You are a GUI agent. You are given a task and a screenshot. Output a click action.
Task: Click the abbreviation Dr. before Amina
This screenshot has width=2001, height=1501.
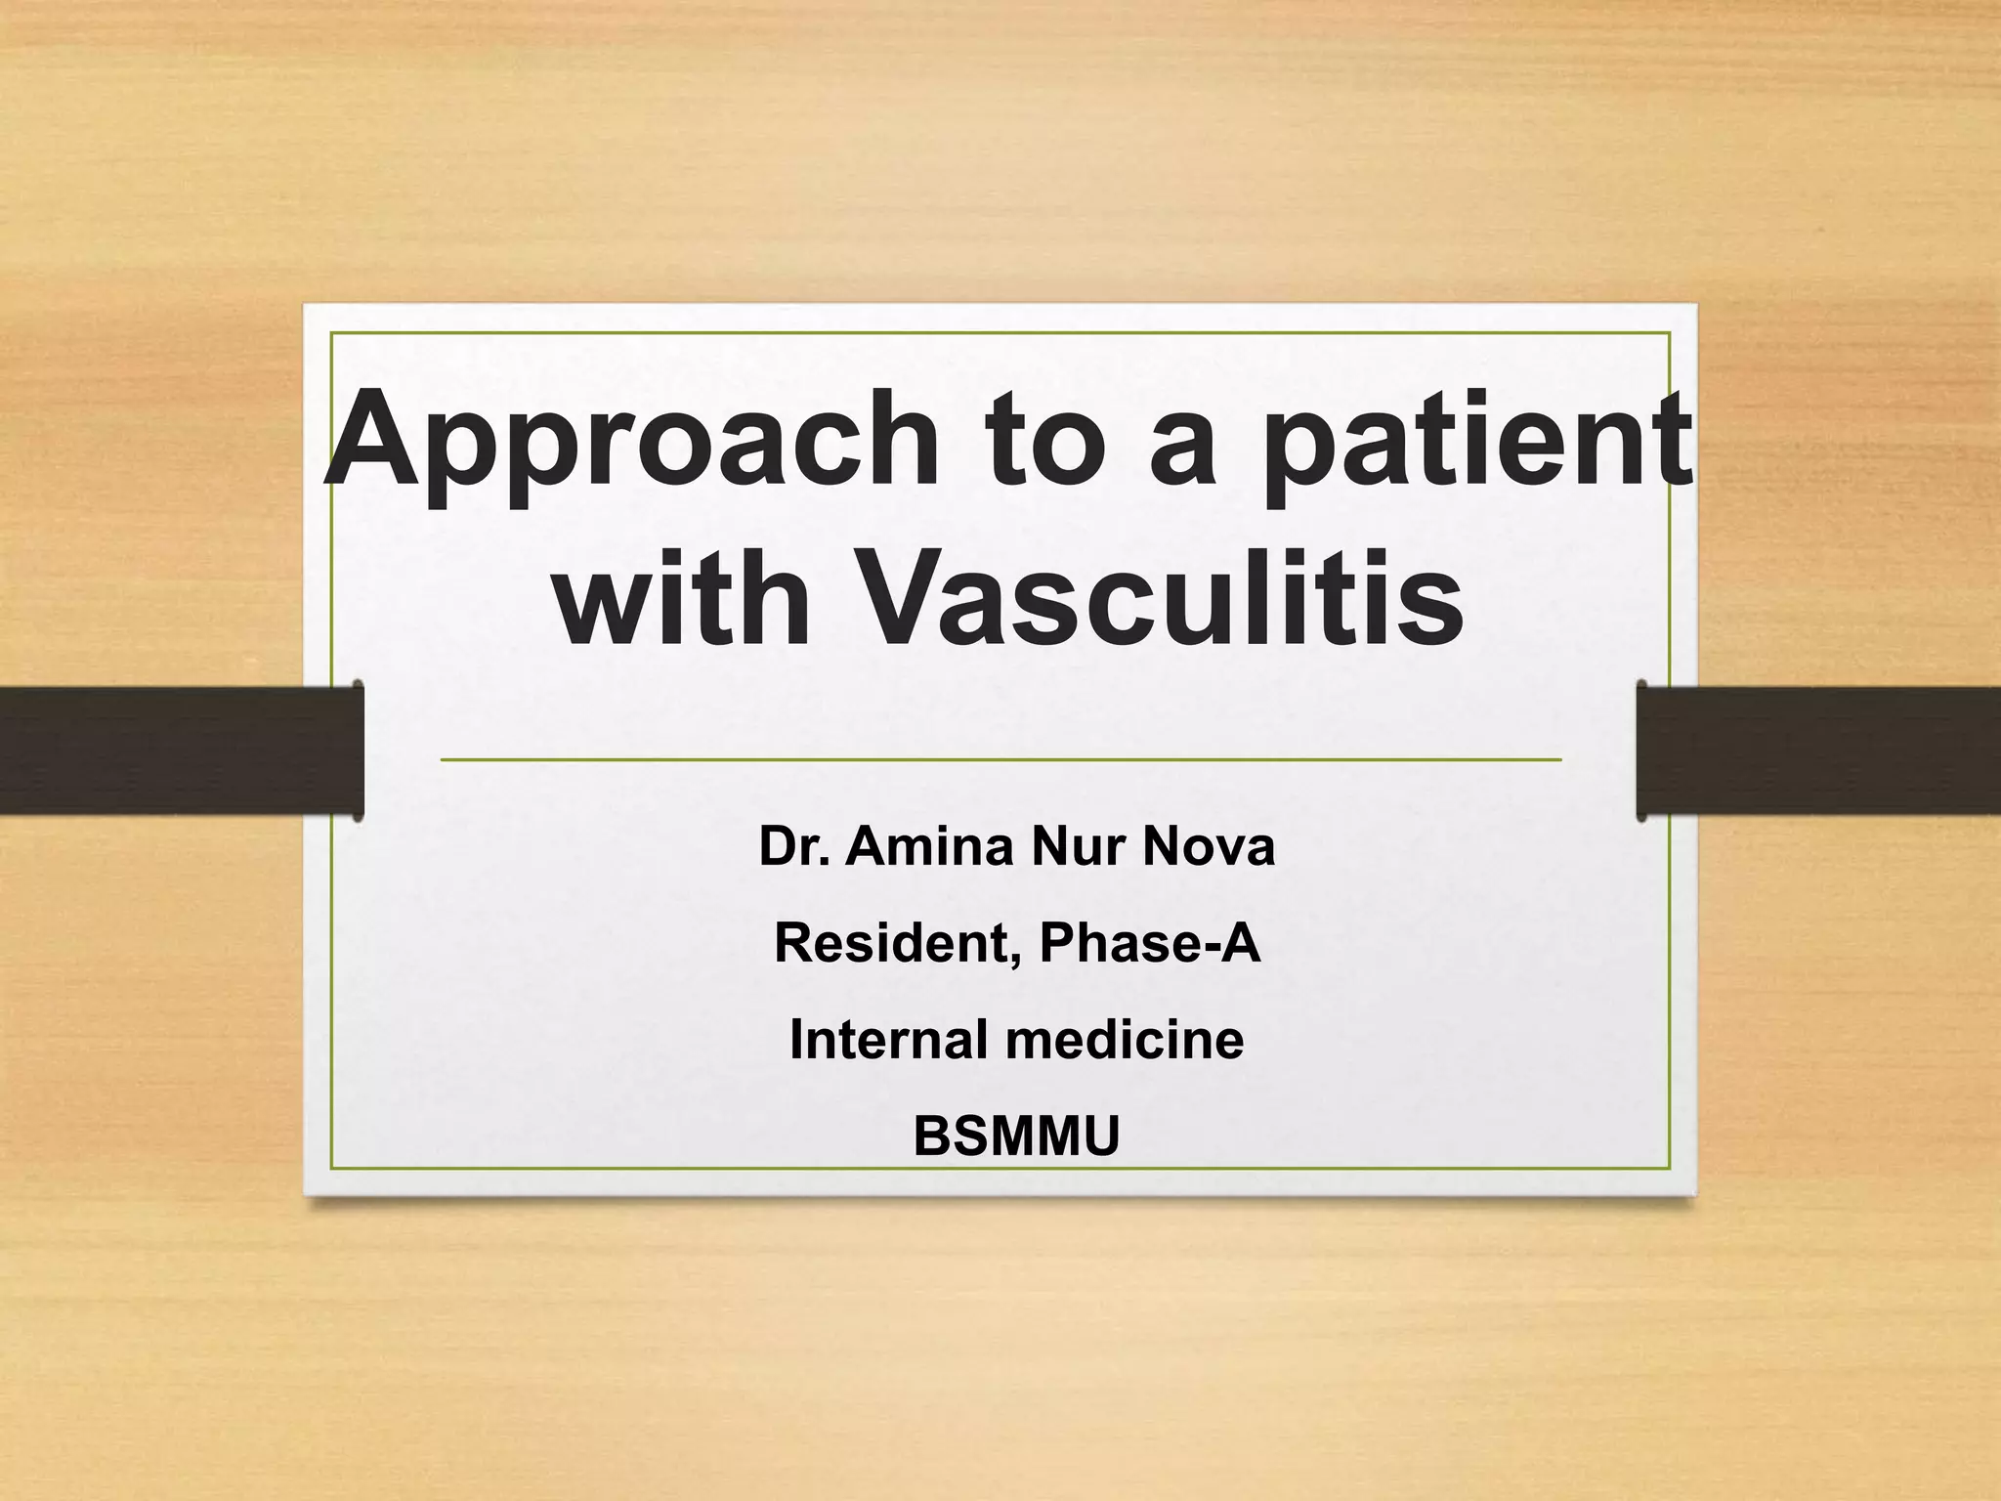click(794, 846)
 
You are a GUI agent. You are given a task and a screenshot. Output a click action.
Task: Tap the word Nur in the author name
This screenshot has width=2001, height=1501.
click(1079, 846)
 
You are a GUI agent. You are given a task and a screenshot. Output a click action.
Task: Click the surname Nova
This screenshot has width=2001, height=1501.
click(1209, 846)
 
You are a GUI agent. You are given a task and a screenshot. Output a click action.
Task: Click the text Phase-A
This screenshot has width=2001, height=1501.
click(1150, 943)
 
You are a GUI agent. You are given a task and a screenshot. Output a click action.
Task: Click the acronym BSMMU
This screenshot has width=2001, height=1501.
click(1016, 1136)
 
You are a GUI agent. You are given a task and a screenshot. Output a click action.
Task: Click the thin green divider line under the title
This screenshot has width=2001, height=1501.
click(1000, 758)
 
